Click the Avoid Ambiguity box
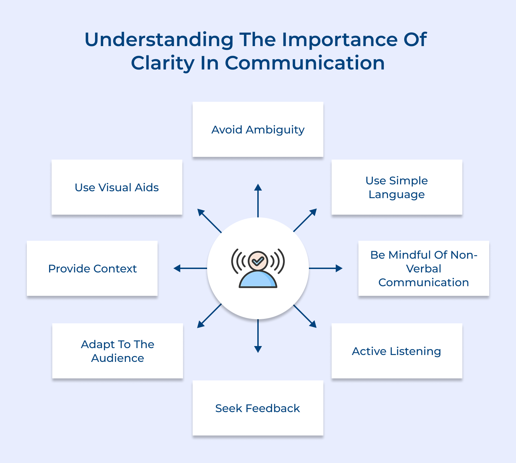tap(258, 129)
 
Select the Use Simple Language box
tap(397, 187)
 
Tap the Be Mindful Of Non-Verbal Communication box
tap(423, 268)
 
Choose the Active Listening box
tap(397, 351)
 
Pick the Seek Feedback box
tap(258, 408)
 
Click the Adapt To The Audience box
tap(117, 351)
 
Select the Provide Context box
tap(92, 268)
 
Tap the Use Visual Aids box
tap(117, 187)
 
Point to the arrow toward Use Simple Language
tap(305, 220)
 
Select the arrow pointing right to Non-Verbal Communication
tap(325, 268)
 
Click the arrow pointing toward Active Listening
tap(305, 316)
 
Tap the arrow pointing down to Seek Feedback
tap(258, 336)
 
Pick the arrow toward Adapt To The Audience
tap(209, 316)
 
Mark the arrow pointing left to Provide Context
tap(190, 268)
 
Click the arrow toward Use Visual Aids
tap(209, 220)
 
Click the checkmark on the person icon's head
tap(258, 262)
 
